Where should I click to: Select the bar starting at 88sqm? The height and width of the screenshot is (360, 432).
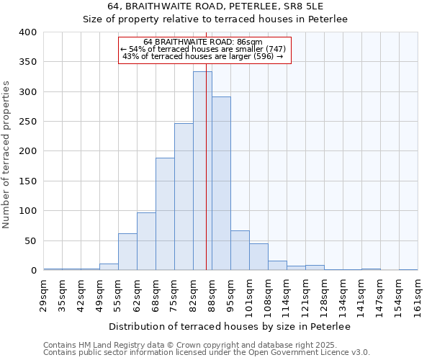221,184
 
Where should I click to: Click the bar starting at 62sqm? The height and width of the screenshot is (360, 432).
146,241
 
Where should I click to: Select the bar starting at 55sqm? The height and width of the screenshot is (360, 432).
127,252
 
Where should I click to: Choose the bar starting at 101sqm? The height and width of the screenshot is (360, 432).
258,257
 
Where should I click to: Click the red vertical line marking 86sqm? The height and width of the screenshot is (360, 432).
207,144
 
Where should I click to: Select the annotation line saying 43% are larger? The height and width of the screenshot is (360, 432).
203,56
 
